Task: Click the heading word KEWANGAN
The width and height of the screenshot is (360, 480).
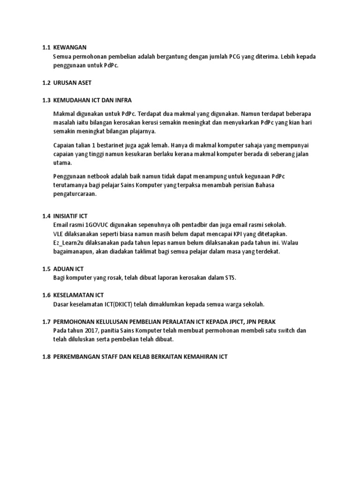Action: pos(70,47)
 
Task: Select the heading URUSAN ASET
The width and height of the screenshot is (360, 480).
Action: pos(73,83)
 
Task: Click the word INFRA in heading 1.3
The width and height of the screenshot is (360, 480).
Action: pos(122,100)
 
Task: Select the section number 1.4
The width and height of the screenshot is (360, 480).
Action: pos(45,216)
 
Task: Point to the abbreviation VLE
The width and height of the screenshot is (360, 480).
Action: pos(60,233)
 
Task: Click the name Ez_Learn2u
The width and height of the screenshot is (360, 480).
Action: pos(71,242)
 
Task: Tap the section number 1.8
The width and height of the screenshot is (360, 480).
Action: pos(45,357)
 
